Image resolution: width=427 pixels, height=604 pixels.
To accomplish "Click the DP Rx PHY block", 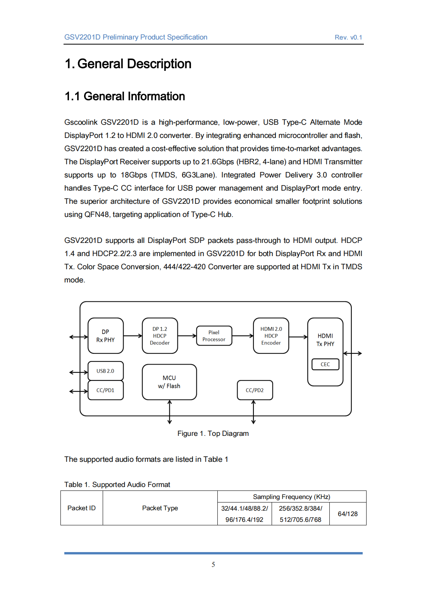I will pyautogui.click(x=105, y=336).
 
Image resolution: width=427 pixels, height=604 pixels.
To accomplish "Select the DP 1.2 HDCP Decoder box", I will pyautogui.click(x=160, y=336).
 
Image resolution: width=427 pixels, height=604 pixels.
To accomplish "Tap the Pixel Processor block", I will pyautogui.click(x=214, y=336).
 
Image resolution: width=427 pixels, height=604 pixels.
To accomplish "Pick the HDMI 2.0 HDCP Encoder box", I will pyautogui.click(x=271, y=336).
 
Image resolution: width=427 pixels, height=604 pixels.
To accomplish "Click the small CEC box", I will pyautogui.click(x=325, y=365).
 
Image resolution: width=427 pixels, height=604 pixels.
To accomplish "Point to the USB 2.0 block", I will pyautogui.click(x=105, y=371).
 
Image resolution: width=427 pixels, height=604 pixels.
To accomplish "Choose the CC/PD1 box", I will pyautogui.click(x=105, y=390).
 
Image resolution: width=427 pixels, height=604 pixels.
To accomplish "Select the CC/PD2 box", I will pyautogui.click(x=255, y=390).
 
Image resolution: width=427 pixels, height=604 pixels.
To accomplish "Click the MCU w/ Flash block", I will pyautogui.click(x=169, y=382).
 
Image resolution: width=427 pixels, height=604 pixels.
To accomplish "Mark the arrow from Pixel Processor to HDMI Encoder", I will pyautogui.click(x=243, y=336).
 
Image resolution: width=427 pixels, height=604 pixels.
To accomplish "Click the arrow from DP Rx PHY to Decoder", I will pyautogui.click(x=133, y=336).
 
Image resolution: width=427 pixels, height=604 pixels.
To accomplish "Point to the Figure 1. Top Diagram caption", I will pyautogui.click(x=213, y=434).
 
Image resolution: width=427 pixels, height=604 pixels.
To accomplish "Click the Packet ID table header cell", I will pyautogui.click(x=81, y=508).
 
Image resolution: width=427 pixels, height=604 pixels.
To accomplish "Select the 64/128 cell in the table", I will pyautogui.click(x=348, y=514).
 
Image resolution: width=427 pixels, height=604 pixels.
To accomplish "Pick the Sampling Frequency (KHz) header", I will pyautogui.click(x=291, y=497).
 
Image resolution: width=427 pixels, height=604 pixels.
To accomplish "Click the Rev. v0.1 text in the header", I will pyautogui.click(x=348, y=38).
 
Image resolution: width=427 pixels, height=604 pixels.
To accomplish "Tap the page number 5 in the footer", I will pyautogui.click(x=213, y=564).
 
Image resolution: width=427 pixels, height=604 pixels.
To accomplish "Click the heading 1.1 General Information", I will pyautogui.click(x=125, y=96).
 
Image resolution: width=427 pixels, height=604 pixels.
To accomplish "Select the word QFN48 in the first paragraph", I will pyautogui.click(x=97, y=215).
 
